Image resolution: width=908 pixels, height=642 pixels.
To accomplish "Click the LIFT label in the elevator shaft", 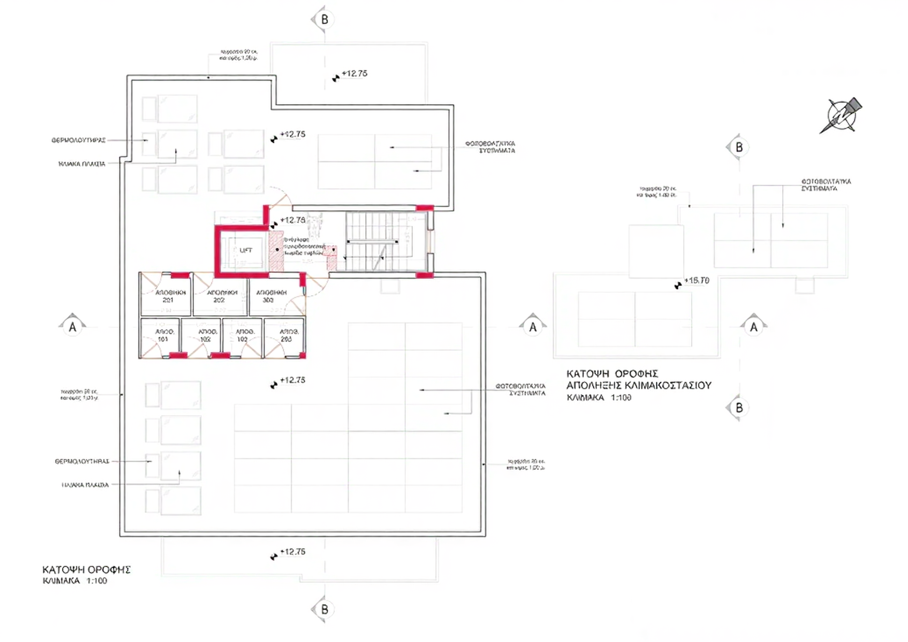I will point(246,250).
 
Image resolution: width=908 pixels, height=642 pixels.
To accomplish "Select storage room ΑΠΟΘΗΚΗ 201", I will point(167,296).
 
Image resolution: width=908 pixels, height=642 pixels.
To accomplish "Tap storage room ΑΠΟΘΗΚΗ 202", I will point(220,296).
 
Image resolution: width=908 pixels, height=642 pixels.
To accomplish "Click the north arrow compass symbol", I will point(841,115).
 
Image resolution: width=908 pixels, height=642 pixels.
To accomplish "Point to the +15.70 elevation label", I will point(697,281).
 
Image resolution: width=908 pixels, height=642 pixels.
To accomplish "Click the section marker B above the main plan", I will point(324,19).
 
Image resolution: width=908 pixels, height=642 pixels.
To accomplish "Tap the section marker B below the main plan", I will point(324,609).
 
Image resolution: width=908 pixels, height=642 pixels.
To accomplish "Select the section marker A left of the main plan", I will point(73,327).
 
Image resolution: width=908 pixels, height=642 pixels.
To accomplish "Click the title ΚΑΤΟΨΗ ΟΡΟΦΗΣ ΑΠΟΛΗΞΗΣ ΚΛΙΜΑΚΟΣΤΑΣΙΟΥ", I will point(638,379).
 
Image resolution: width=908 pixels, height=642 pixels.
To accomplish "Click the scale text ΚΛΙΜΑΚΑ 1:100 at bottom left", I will point(75,581).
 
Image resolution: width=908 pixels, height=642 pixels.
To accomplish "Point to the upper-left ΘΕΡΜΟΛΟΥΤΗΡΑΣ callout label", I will point(79,140).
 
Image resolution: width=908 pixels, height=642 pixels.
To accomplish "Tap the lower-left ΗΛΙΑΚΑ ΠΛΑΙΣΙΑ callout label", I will point(85,485).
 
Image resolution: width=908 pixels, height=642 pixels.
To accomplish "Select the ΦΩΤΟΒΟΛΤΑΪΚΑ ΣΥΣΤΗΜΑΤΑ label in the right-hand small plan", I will point(825,185).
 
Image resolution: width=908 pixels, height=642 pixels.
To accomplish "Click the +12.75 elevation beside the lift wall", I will point(293,220).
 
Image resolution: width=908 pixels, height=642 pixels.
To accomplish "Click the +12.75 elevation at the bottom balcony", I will point(293,551).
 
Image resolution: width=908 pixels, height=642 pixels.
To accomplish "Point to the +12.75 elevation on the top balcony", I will point(354,74).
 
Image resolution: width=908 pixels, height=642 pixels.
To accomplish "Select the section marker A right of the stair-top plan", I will point(753,327).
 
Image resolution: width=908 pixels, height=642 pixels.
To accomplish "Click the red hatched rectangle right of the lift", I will point(276,251).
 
